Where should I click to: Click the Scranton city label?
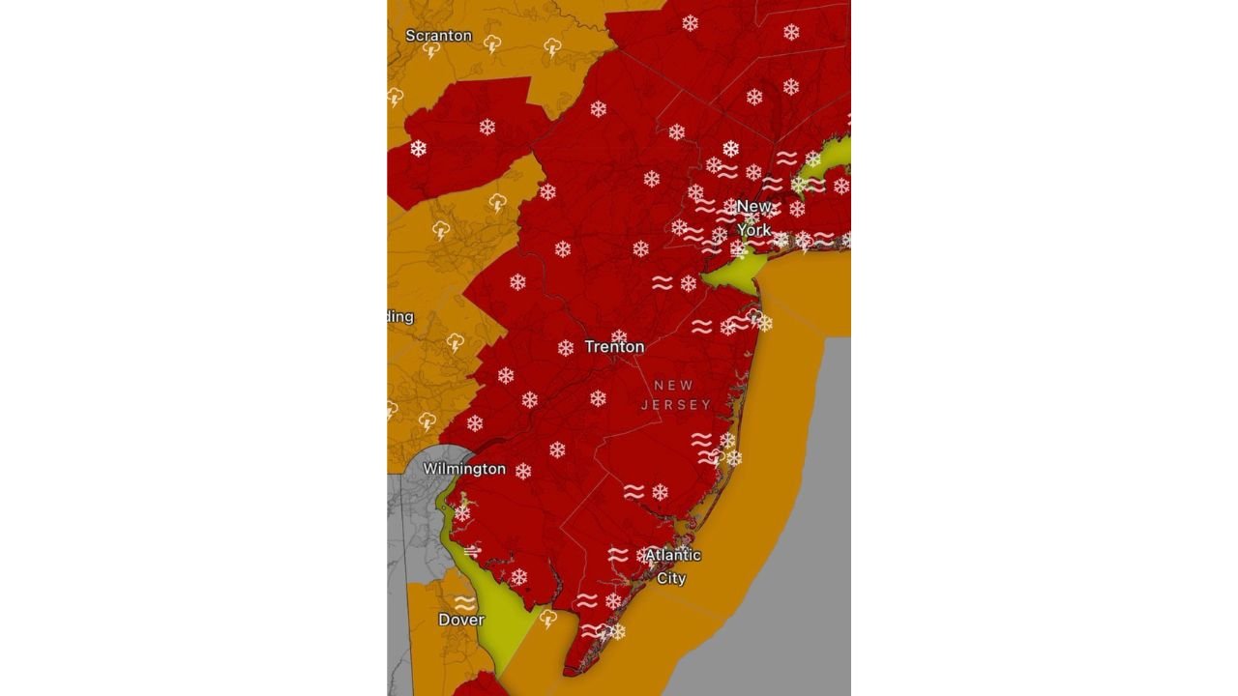point(438,36)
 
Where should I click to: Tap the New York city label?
point(754,217)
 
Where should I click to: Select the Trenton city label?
point(614,346)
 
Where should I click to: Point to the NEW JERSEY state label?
point(675,395)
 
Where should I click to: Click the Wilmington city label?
point(464,469)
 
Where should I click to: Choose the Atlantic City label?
point(672,566)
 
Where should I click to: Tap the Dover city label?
point(461,620)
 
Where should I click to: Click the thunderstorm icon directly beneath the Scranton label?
point(431,50)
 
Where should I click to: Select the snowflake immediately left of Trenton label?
point(566,348)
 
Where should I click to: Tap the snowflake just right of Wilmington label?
point(523,471)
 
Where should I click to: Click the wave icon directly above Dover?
point(464,601)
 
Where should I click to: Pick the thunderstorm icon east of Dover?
point(548,618)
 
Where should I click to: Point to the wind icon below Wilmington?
point(472,551)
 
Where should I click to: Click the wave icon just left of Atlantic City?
point(618,555)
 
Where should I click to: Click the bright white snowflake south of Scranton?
point(418,148)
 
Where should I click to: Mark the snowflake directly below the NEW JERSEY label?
point(661,492)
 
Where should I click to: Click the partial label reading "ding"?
point(399,317)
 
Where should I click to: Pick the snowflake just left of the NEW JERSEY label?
point(598,398)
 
